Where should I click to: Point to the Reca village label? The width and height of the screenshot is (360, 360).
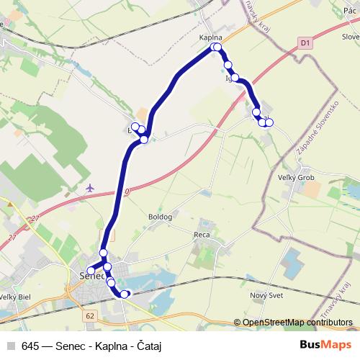coord(202,235)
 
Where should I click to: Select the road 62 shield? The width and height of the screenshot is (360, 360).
coord(89,316)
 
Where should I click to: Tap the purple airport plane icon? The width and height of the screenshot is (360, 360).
coord(89,188)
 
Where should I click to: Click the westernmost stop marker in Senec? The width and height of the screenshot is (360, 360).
coord(91,271)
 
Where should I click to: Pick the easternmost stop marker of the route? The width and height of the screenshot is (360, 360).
coord(269,122)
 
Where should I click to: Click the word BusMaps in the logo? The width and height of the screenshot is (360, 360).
coord(325,343)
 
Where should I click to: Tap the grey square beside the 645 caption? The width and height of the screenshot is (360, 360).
coord(10,344)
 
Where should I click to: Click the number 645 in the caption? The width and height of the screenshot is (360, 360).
coord(30,344)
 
